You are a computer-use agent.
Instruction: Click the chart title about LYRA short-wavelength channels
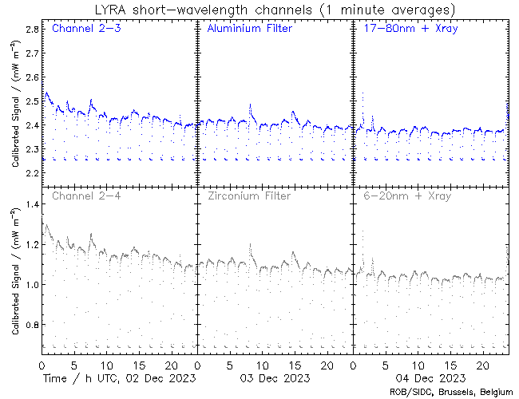coord(273,10)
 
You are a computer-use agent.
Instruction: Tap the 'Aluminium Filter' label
coord(249,30)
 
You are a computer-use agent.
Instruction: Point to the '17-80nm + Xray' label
coord(406,30)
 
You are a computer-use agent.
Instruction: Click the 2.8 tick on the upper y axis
coord(33,29)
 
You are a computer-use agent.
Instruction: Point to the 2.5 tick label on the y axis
coord(33,101)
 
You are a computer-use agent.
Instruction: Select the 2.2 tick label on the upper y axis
coord(33,173)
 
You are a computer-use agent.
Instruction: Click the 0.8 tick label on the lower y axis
coord(33,326)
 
